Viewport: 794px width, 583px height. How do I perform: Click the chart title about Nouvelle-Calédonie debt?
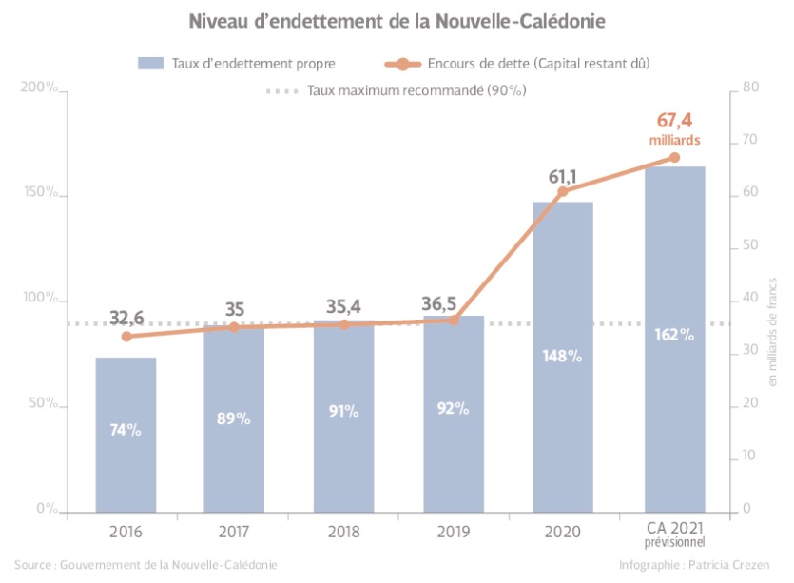397,20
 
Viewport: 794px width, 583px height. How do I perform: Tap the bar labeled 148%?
563,356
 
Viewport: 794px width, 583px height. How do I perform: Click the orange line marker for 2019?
454,320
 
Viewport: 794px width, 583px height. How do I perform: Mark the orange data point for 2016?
126,336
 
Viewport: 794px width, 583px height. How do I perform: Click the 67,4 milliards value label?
674,127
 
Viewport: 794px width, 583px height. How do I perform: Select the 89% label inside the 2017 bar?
234,418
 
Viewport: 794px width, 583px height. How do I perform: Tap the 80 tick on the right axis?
749,88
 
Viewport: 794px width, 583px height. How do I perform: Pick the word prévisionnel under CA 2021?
674,542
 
